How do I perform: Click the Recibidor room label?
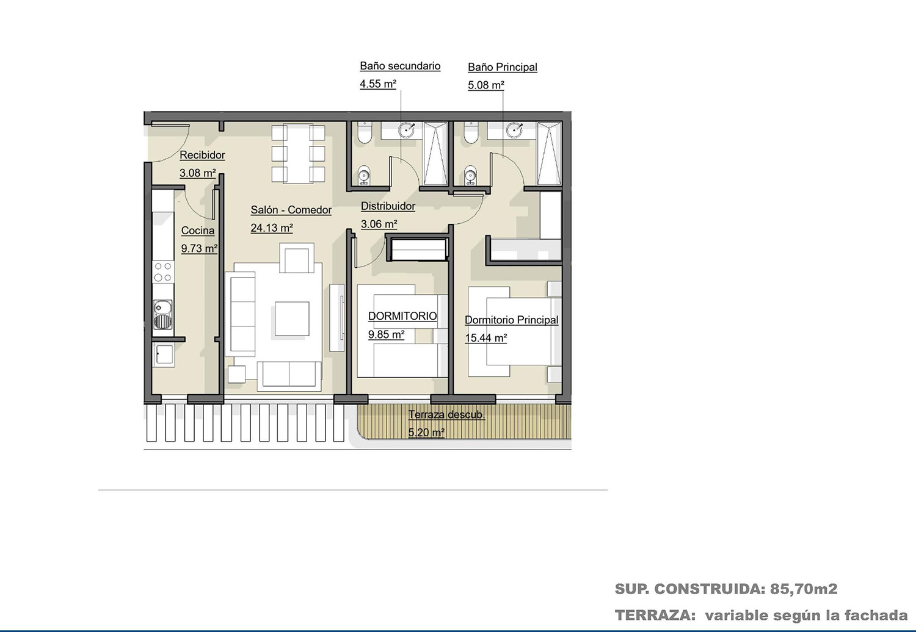coord(202,155)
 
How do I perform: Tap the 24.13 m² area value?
coord(272,228)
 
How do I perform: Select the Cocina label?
coord(198,231)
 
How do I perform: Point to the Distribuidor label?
coord(388,206)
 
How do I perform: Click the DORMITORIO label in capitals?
coord(402,316)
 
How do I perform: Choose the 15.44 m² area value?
coord(486,338)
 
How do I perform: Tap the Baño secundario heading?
coord(400,66)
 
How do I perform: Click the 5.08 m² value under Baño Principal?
coord(486,85)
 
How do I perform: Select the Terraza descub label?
coord(446,415)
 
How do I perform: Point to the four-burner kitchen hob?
coord(163,272)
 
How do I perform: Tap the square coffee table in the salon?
coord(292,318)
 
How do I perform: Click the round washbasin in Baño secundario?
coord(407,131)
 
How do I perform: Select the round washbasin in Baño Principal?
coord(514,129)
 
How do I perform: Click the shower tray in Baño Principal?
coord(549,154)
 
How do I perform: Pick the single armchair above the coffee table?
coord(297,258)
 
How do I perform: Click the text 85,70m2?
coord(804,589)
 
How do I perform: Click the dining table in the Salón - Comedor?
coord(298,153)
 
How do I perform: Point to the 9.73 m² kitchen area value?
coord(199,249)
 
